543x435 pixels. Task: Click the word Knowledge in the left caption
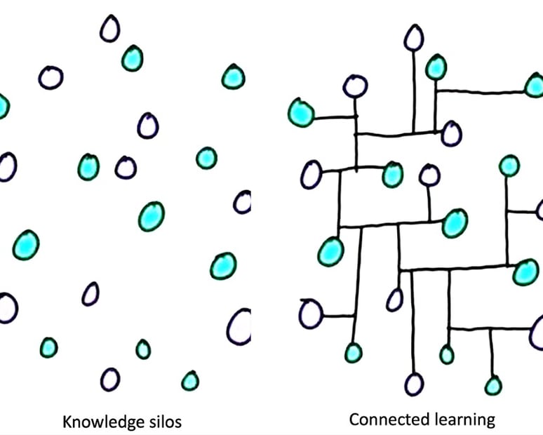tap(95, 422)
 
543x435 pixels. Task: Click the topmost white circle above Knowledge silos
tap(109, 29)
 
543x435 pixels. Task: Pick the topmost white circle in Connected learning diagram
tap(415, 38)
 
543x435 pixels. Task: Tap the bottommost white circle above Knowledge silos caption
tap(110, 379)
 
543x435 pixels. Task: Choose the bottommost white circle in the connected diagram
tap(414, 384)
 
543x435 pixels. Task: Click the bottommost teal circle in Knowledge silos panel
tap(190, 381)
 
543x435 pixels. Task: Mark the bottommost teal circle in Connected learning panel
tap(493, 384)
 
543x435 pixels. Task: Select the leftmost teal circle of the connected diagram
tap(301, 112)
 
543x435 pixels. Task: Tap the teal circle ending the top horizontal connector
tap(534, 86)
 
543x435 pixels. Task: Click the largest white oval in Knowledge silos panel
tap(239, 326)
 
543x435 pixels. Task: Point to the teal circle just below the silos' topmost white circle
tap(132, 58)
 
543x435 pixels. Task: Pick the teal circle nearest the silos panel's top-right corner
tap(233, 76)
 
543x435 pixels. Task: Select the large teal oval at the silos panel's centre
tap(151, 216)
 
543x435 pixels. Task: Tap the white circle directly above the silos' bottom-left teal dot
tap(6, 308)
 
